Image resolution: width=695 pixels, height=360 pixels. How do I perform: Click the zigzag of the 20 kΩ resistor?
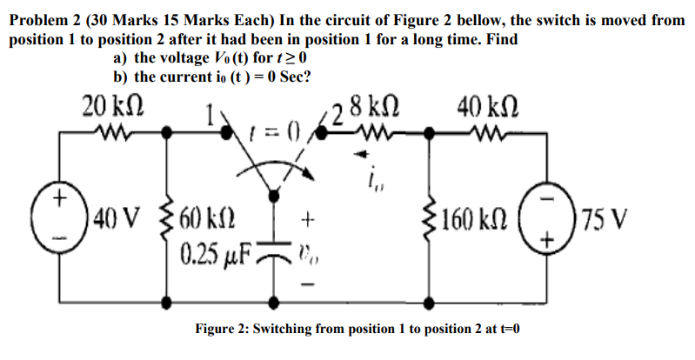point(110,136)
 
